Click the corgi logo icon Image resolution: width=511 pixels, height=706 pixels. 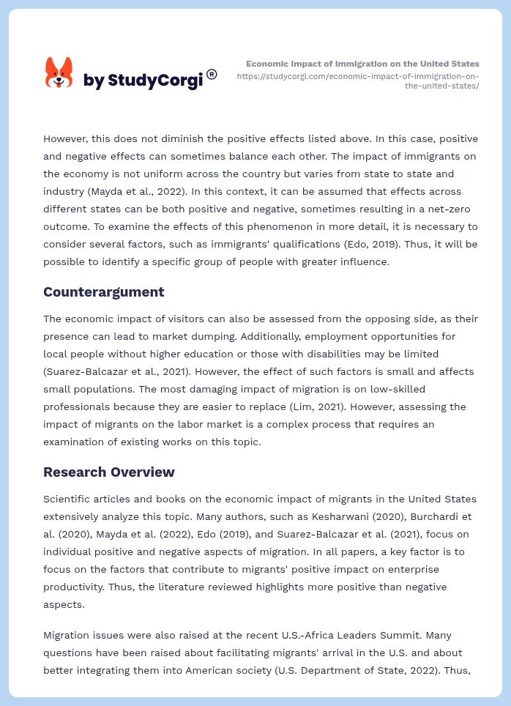point(59,73)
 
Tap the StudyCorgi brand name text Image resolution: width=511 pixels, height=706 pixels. point(143,81)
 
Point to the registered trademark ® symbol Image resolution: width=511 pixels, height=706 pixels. point(212,74)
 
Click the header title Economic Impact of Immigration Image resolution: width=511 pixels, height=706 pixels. point(362,64)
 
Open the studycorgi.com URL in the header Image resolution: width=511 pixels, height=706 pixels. point(358,81)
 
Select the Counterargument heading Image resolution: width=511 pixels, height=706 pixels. point(103,292)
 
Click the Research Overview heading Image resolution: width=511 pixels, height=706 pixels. point(108,472)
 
